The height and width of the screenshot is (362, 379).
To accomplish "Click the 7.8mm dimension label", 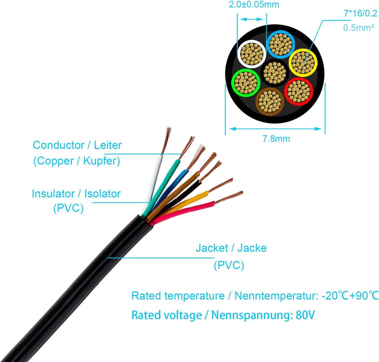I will (277, 139).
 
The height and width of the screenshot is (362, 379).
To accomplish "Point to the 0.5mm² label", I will (358, 28).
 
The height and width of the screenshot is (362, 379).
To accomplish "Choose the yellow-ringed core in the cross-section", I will (303, 62).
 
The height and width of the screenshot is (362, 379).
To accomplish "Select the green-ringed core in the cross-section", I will (246, 82).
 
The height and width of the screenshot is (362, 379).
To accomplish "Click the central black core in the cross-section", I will (275, 73).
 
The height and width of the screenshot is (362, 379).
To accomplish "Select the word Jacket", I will (212, 248).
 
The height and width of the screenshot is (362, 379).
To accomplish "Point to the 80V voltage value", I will (305, 315).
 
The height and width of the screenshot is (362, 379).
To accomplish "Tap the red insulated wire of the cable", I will (186, 210).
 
